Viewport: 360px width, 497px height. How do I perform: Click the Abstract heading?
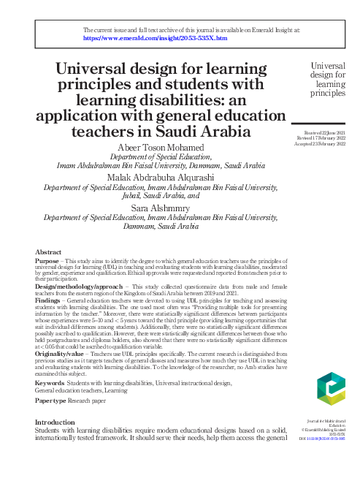(x=48, y=251)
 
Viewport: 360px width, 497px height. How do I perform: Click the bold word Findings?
(x=49, y=300)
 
